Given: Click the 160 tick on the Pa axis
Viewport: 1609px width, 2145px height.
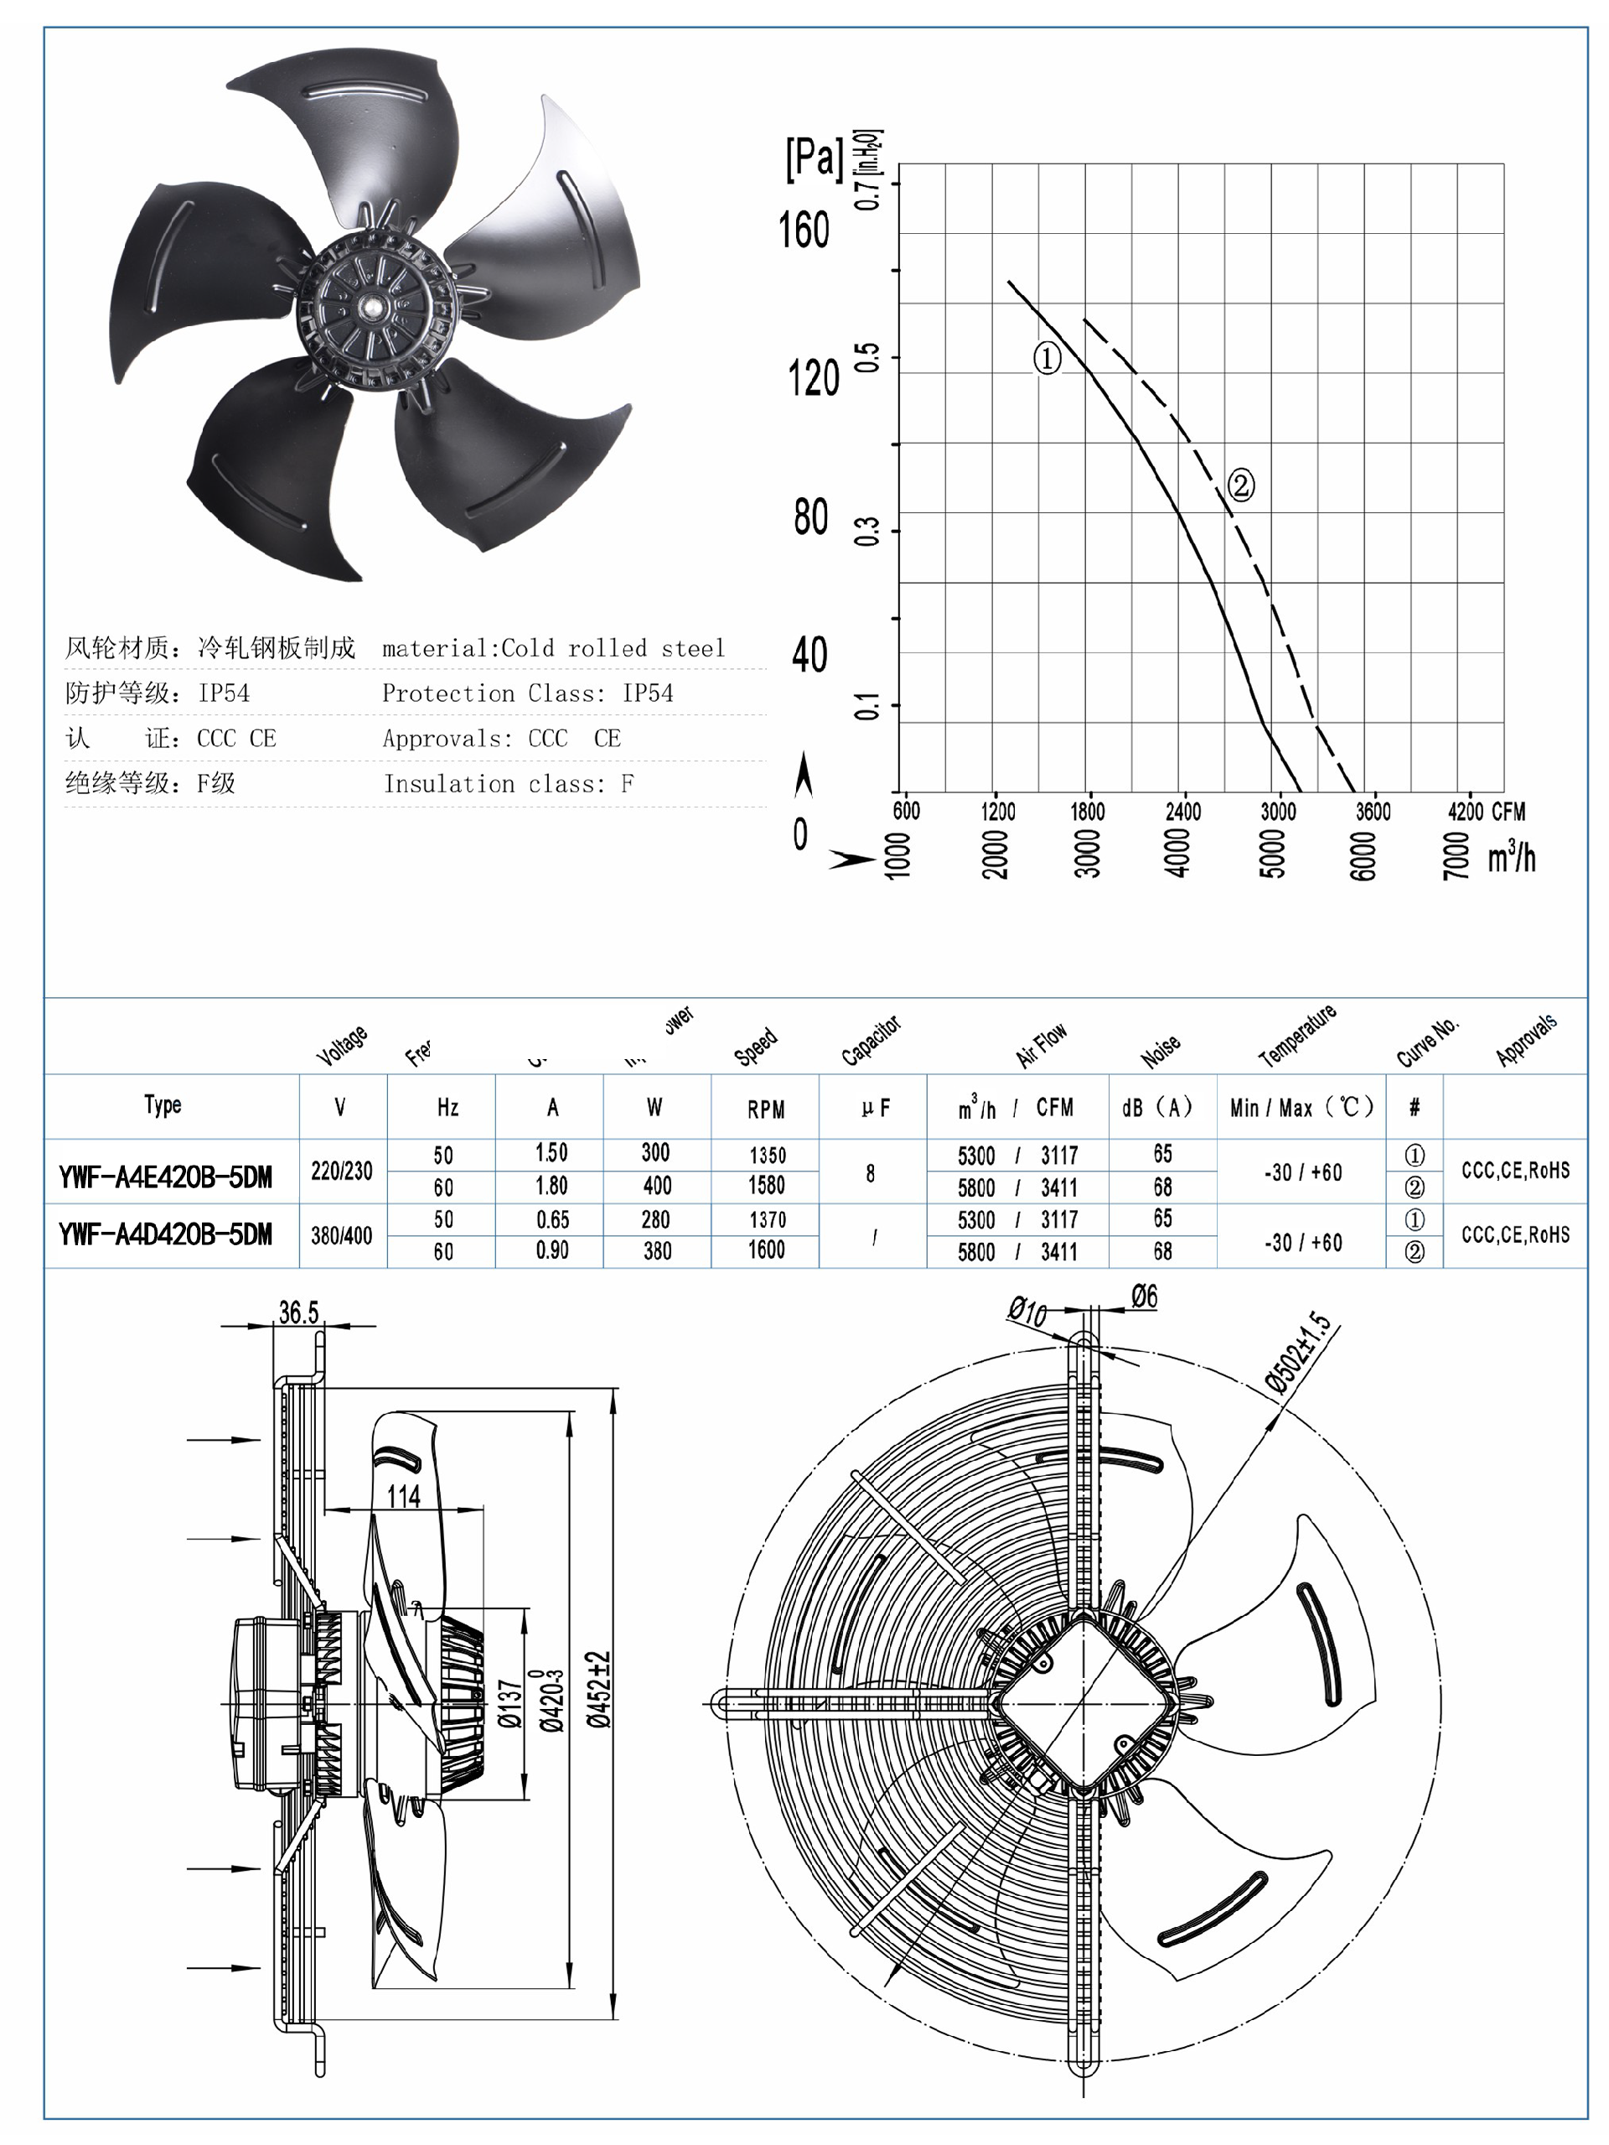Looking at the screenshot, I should (x=804, y=231).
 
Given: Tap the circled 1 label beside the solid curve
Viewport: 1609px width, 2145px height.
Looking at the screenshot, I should (x=1047, y=359).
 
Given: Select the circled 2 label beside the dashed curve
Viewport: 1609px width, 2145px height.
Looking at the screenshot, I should (x=1240, y=484).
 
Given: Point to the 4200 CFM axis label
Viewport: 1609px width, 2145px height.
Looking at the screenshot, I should (x=1485, y=811).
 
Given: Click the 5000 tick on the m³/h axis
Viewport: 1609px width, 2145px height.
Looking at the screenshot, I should (x=1270, y=854).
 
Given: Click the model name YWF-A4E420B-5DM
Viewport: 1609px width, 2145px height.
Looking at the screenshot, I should (x=165, y=1177).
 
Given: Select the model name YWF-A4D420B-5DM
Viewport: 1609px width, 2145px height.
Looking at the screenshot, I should (x=165, y=1234).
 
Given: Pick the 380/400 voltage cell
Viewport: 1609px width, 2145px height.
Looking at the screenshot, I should (x=341, y=1235).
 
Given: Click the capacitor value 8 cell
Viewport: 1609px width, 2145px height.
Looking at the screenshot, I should (x=871, y=1173).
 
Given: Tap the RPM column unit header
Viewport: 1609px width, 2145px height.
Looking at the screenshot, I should (x=765, y=1109).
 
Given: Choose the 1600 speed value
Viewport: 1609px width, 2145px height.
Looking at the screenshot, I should (x=766, y=1250).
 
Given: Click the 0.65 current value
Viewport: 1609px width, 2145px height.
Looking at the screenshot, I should (x=551, y=1219).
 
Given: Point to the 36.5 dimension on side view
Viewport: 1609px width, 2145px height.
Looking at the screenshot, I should (x=298, y=1312).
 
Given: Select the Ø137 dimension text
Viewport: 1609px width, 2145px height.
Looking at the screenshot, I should (x=511, y=1704).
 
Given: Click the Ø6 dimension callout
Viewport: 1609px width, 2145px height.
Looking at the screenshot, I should (x=1144, y=1296).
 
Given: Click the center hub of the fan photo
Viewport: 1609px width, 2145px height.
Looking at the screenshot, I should (x=373, y=306).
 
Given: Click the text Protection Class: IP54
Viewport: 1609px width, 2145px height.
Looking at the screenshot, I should (x=527, y=693).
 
